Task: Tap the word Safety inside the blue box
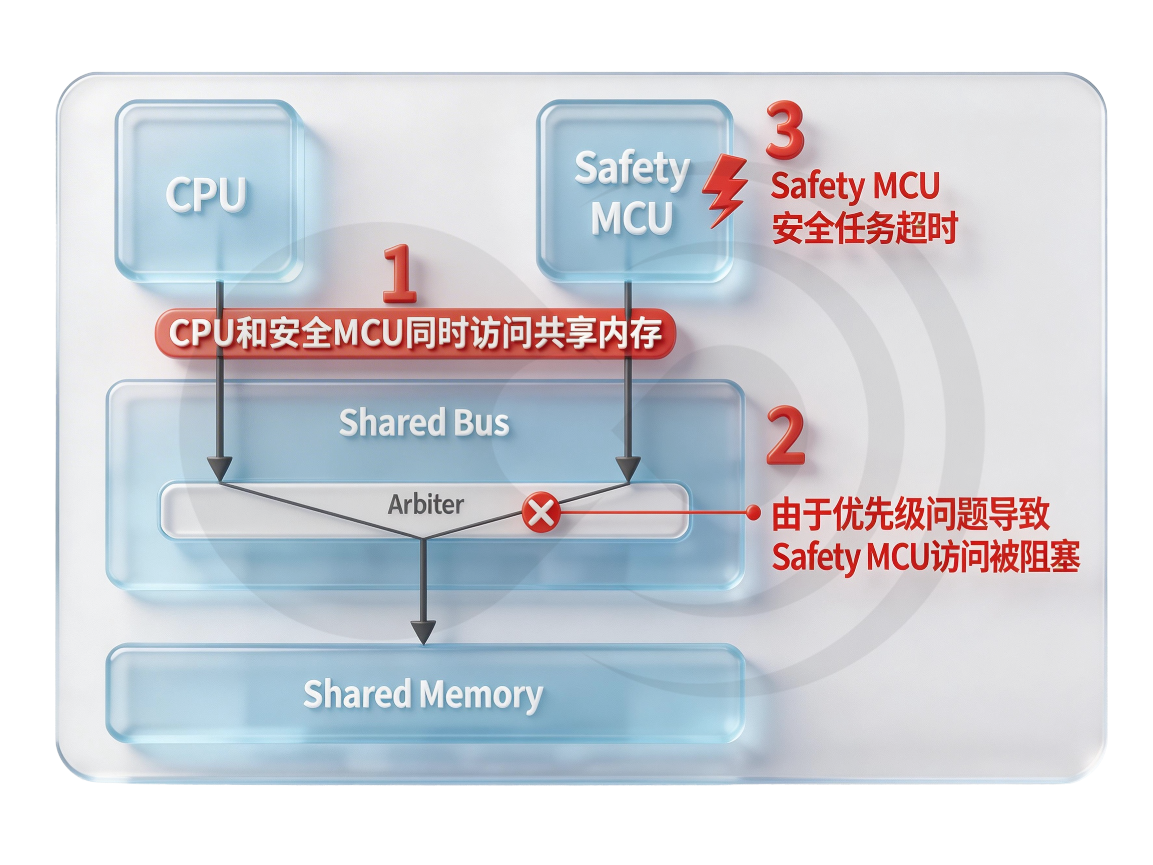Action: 632,168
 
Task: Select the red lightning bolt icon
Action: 725,190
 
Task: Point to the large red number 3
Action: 785,130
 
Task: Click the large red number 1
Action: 400,273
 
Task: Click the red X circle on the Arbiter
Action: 541,512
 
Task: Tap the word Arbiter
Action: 425,504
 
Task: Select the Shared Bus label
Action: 424,422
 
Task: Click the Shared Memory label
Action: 423,694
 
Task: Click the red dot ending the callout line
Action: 753,512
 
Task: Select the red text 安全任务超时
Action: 865,228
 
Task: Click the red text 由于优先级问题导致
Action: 911,514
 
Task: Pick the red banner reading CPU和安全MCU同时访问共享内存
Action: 415,333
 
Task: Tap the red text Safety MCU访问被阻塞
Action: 925,557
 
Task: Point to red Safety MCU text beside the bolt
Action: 855,186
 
